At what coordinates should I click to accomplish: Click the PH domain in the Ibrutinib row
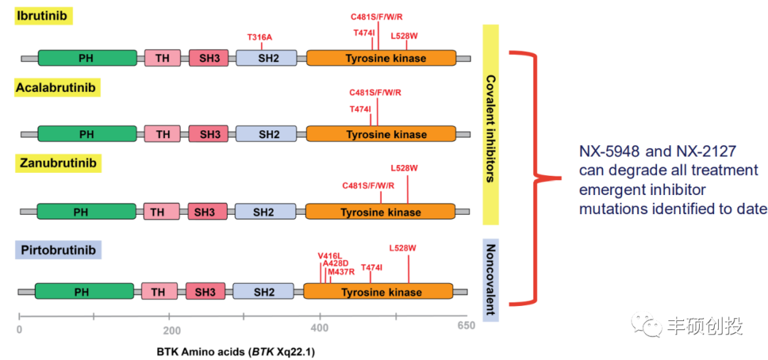[x=87, y=58]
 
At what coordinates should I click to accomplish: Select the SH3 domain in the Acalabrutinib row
[x=210, y=134]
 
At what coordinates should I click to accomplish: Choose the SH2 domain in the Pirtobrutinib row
[x=263, y=292]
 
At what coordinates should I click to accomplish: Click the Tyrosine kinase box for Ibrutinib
[x=381, y=58]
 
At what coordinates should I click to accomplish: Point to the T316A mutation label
[x=260, y=37]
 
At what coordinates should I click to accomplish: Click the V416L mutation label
[x=329, y=255]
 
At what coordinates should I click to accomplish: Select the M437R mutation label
[x=341, y=271]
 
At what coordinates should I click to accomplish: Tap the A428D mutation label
[x=335, y=263]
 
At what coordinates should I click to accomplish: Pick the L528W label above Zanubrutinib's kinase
[x=404, y=169]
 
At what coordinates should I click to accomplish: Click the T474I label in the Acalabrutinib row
[x=360, y=109]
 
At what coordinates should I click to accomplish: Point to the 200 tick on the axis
[x=171, y=329]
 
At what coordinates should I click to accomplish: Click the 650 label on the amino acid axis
[x=466, y=327]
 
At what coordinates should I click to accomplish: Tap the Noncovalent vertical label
[x=490, y=280]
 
